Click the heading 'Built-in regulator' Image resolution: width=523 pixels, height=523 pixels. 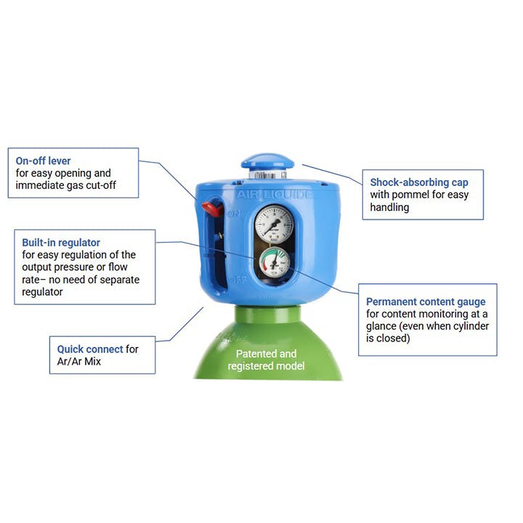[61, 242]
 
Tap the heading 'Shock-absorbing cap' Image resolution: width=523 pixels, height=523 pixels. [419, 182]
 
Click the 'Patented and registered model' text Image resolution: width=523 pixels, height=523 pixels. [267, 360]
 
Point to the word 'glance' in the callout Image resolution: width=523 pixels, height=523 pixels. [382, 326]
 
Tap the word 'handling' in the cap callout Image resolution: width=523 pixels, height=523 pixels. [390, 207]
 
